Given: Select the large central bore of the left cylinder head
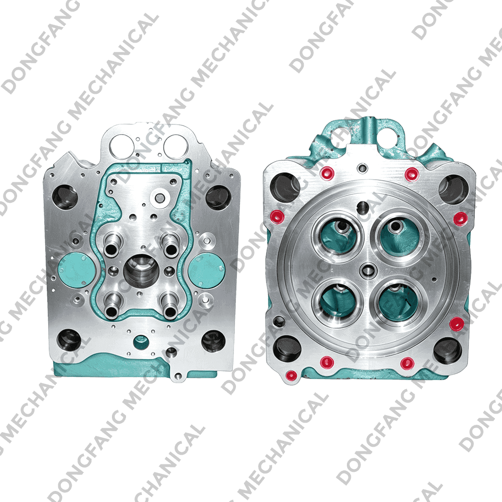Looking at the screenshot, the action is tap(141, 271).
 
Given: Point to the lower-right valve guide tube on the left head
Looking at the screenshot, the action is tap(170, 306).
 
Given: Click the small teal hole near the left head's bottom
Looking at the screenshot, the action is tap(141, 342).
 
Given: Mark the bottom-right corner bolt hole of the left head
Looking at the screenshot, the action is tap(213, 341).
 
